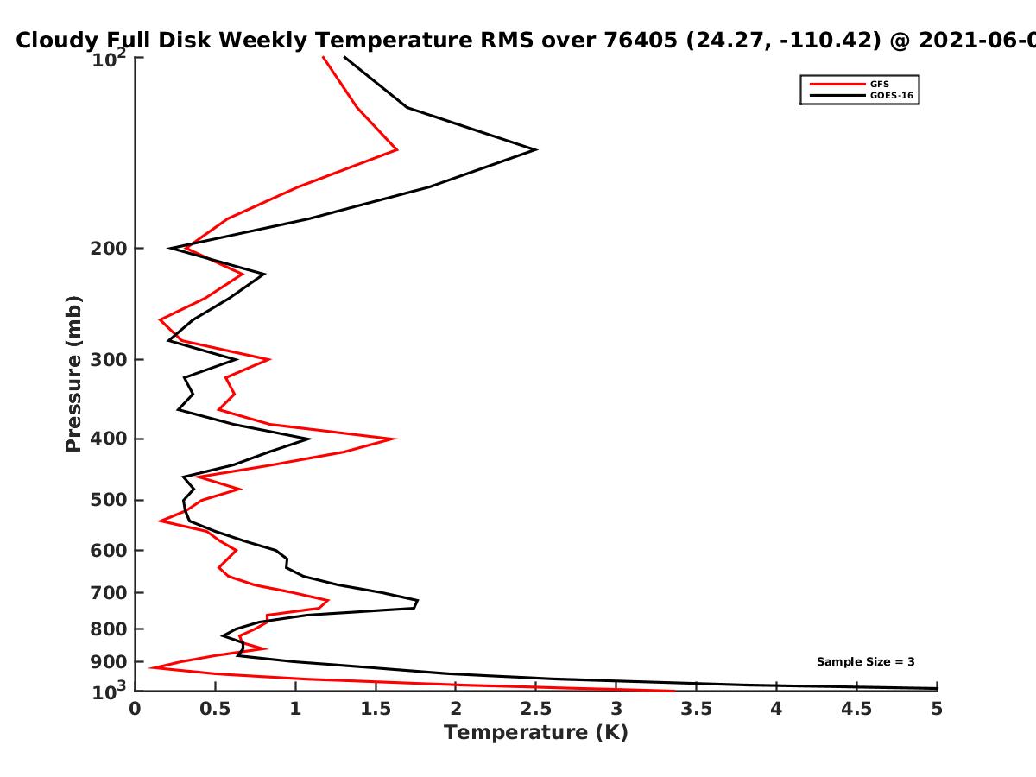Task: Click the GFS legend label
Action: pyautogui.click(x=879, y=85)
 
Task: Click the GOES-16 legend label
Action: pyautogui.click(x=892, y=96)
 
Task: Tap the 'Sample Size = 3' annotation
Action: pyautogui.click(x=866, y=662)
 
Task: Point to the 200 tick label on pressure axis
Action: pyautogui.click(x=109, y=249)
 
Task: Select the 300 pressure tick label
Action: pyautogui.click(x=109, y=360)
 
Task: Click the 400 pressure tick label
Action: pyautogui.click(x=109, y=439)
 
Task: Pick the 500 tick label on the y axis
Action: pyautogui.click(x=109, y=500)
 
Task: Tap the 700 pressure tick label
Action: pyautogui.click(x=109, y=593)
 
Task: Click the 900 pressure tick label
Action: pyautogui.click(x=109, y=662)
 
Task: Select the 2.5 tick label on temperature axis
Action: pyautogui.click(x=536, y=709)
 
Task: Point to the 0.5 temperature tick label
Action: pyautogui.click(x=215, y=709)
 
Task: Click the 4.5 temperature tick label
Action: pyautogui.click(x=856, y=709)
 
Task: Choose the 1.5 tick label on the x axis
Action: pyautogui.click(x=376, y=709)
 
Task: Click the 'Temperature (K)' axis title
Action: pyautogui.click(x=536, y=733)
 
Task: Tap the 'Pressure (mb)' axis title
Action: pyautogui.click(x=73, y=374)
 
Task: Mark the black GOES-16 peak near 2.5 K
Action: pyautogui.click(x=536, y=150)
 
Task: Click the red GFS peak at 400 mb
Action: pyautogui.click(x=395, y=439)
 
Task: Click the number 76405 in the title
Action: pyautogui.click(x=641, y=40)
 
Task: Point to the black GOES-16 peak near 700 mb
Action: pyautogui.click(x=417, y=601)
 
